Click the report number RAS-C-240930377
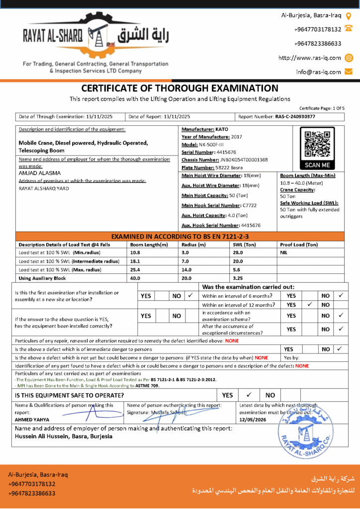295,117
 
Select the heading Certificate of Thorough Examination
180,88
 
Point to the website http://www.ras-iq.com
309,58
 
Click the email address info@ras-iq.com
319,72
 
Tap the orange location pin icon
349,15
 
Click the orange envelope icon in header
349,72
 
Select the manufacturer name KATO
222,129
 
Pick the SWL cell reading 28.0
238,253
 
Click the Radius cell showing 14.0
186,269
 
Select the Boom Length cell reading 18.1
135,261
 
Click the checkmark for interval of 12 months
310,305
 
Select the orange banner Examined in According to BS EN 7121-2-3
180,236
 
